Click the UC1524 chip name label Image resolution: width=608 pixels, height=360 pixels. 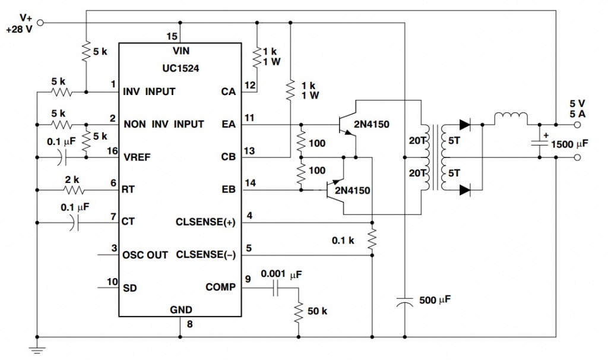coord(179,68)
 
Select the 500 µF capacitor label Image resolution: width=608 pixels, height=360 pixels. coord(435,300)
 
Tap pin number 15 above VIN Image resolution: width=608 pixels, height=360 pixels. coord(171,37)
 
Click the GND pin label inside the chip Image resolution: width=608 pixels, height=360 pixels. coord(179,310)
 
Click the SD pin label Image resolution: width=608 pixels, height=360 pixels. coord(129,288)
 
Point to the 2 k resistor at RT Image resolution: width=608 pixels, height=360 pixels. coord(74,190)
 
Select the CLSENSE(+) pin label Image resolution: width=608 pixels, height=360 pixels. coord(206,223)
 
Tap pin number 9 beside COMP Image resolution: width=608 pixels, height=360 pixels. coord(248,277)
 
